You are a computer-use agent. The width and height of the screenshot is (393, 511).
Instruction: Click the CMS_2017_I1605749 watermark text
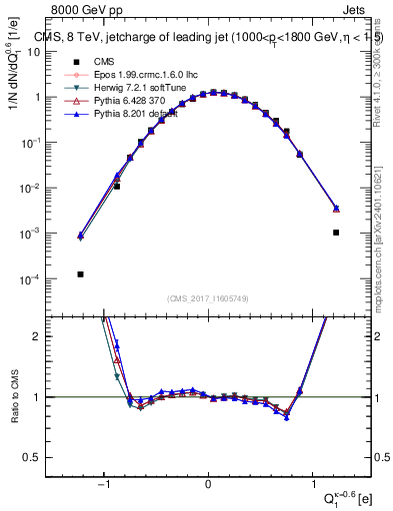click(x=208, y=298)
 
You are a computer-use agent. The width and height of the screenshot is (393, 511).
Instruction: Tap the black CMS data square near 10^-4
click(x=80, y=273)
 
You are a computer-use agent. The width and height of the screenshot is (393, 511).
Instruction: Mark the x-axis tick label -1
click(x=104, y=484)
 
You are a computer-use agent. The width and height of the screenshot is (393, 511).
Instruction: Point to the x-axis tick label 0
click(x=208, y=484)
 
